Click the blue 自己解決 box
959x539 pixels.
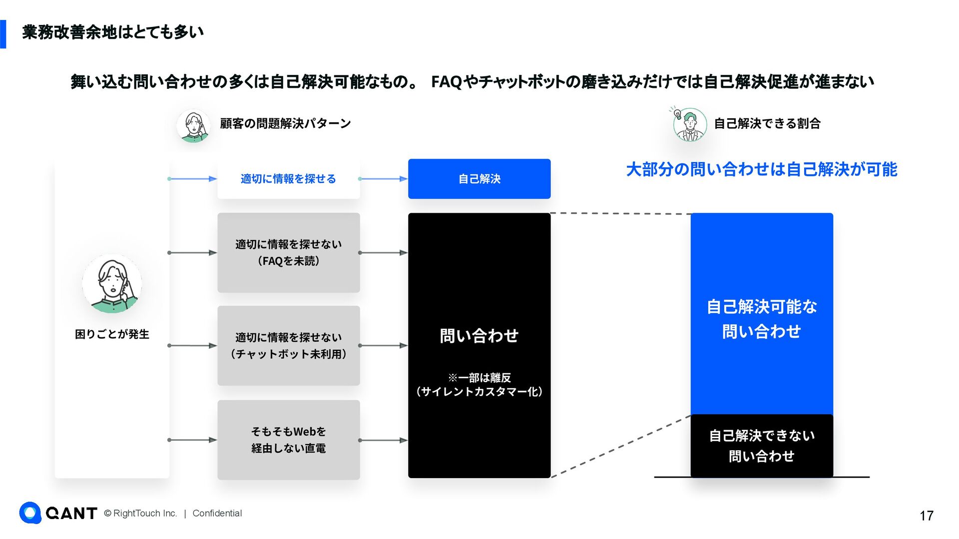tap(479, 179)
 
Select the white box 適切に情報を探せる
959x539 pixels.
tap(288, 179)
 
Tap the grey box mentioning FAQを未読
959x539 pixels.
tap(288, 253)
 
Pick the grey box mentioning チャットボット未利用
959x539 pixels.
tap(288, 345)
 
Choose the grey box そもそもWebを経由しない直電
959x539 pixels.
tap(288, 440)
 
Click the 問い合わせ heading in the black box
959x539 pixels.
tap(479, 336)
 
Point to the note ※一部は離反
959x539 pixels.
tap(479, 378)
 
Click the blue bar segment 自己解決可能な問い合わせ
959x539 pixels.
tap(761, 318)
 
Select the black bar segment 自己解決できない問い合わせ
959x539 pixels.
tap(761, 446)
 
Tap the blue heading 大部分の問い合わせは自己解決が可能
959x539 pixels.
tap(761, 170)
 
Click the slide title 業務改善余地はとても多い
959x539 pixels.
tap(113, 32)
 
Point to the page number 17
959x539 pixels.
tap(926, 516)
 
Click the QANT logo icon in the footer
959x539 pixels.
tap(30, 513)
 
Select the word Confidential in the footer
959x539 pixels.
tap(217, 513)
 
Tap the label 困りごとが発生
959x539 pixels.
tap(112, 334)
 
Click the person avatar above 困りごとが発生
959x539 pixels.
tap(112, 283)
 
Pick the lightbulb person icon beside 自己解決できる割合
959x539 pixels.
tap(689, 124)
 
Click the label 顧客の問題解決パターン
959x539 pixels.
tap(285, 123)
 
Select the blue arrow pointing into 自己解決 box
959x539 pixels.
tap(383, 179)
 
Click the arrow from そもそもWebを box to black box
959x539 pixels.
tap(383, 440)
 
